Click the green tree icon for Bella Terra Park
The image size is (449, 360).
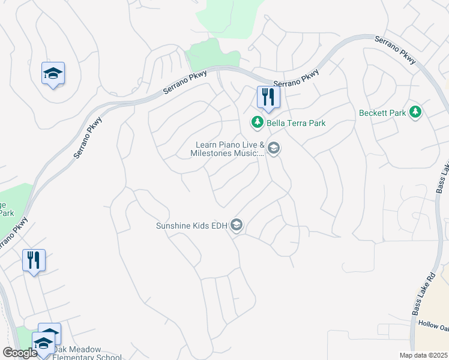[x=258, y=122]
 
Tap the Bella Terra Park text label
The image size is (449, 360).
[x=296, y=123]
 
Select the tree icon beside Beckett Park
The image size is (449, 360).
[x=415, y=112]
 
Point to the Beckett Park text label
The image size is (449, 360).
[x=382, y=113]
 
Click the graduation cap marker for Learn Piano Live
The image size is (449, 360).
[x=274, y=148]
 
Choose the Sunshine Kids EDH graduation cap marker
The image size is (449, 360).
[x=237, y=225]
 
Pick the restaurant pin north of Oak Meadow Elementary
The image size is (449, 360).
[x=34, y=260]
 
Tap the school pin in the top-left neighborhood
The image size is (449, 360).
[x=53, y=74]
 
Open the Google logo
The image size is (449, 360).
[x=20, y=353]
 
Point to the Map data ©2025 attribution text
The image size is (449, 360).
[x=423, y=355]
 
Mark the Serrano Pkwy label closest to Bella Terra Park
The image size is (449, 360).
[x=297, y=79]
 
